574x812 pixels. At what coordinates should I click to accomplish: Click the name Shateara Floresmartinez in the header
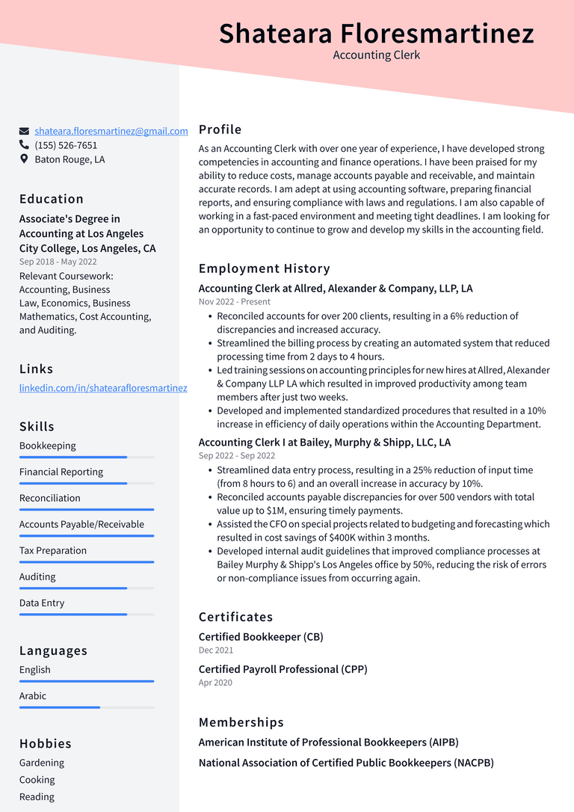pos(376,34)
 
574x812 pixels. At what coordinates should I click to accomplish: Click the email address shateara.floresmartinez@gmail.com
pos(111,131)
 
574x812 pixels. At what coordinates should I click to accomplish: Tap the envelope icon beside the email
pos(24,131)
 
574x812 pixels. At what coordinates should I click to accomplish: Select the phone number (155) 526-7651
pos(66,145)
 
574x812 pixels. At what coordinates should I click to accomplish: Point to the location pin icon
pos(24,159)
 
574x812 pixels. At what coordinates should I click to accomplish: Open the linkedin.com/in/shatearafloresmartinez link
pos(103,388)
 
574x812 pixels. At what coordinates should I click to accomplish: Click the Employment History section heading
pos(264,268)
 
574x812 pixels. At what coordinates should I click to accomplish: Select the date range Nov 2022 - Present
pos(235,302)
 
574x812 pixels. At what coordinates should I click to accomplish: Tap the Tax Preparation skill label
pos(53,550)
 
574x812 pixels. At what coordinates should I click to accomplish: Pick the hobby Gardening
pos(42,763)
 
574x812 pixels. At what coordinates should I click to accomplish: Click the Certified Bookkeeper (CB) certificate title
pos(261,637)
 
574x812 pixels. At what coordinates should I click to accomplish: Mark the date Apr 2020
pos(215,683)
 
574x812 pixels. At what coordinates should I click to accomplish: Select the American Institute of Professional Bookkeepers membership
pos(328,742)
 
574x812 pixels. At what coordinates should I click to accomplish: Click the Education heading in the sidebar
pos(52,199)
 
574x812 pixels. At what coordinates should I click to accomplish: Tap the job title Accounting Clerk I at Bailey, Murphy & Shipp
pos(324,442)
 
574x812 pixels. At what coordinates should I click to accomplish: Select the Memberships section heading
pos(241,722)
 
